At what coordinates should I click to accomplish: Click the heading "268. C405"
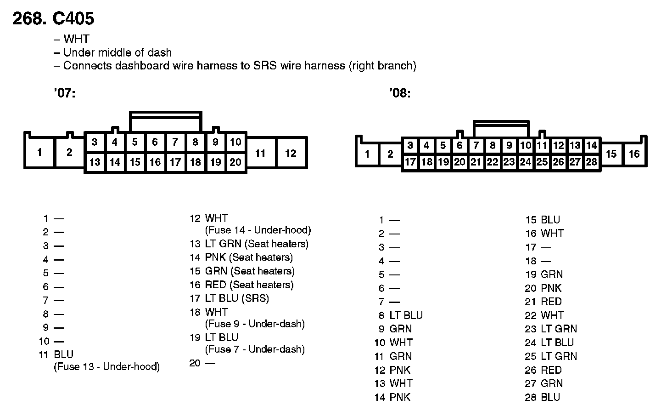coord(53,18)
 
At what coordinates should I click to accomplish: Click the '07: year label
coord(64,93)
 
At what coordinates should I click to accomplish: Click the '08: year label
coord(399,93)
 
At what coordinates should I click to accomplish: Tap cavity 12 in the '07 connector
coord(291,153)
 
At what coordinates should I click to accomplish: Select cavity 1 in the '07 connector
coord(39,152)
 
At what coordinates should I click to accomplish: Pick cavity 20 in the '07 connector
coord(235,162)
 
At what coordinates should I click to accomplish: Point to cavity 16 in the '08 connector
coord(634,154)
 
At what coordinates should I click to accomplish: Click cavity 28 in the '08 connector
coord(591,162)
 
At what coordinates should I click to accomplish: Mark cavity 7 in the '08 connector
coord(476,146)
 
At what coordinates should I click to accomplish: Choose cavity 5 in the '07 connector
coord(134,142)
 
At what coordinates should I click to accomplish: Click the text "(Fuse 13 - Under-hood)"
coord(106,367)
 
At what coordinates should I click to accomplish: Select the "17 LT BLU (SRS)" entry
coord(229,298)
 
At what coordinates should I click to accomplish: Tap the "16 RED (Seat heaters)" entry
coord(241,285)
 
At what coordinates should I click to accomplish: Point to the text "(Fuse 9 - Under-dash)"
coord(255,324)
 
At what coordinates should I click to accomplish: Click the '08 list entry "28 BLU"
coord(543,397)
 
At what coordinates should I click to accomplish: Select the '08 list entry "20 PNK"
coord(543,288)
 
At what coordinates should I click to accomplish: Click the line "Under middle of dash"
coord(117,52)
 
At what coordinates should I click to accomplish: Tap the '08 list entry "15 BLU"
coord(543,220)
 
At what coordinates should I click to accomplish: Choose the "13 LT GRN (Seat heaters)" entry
coord(249,244)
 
